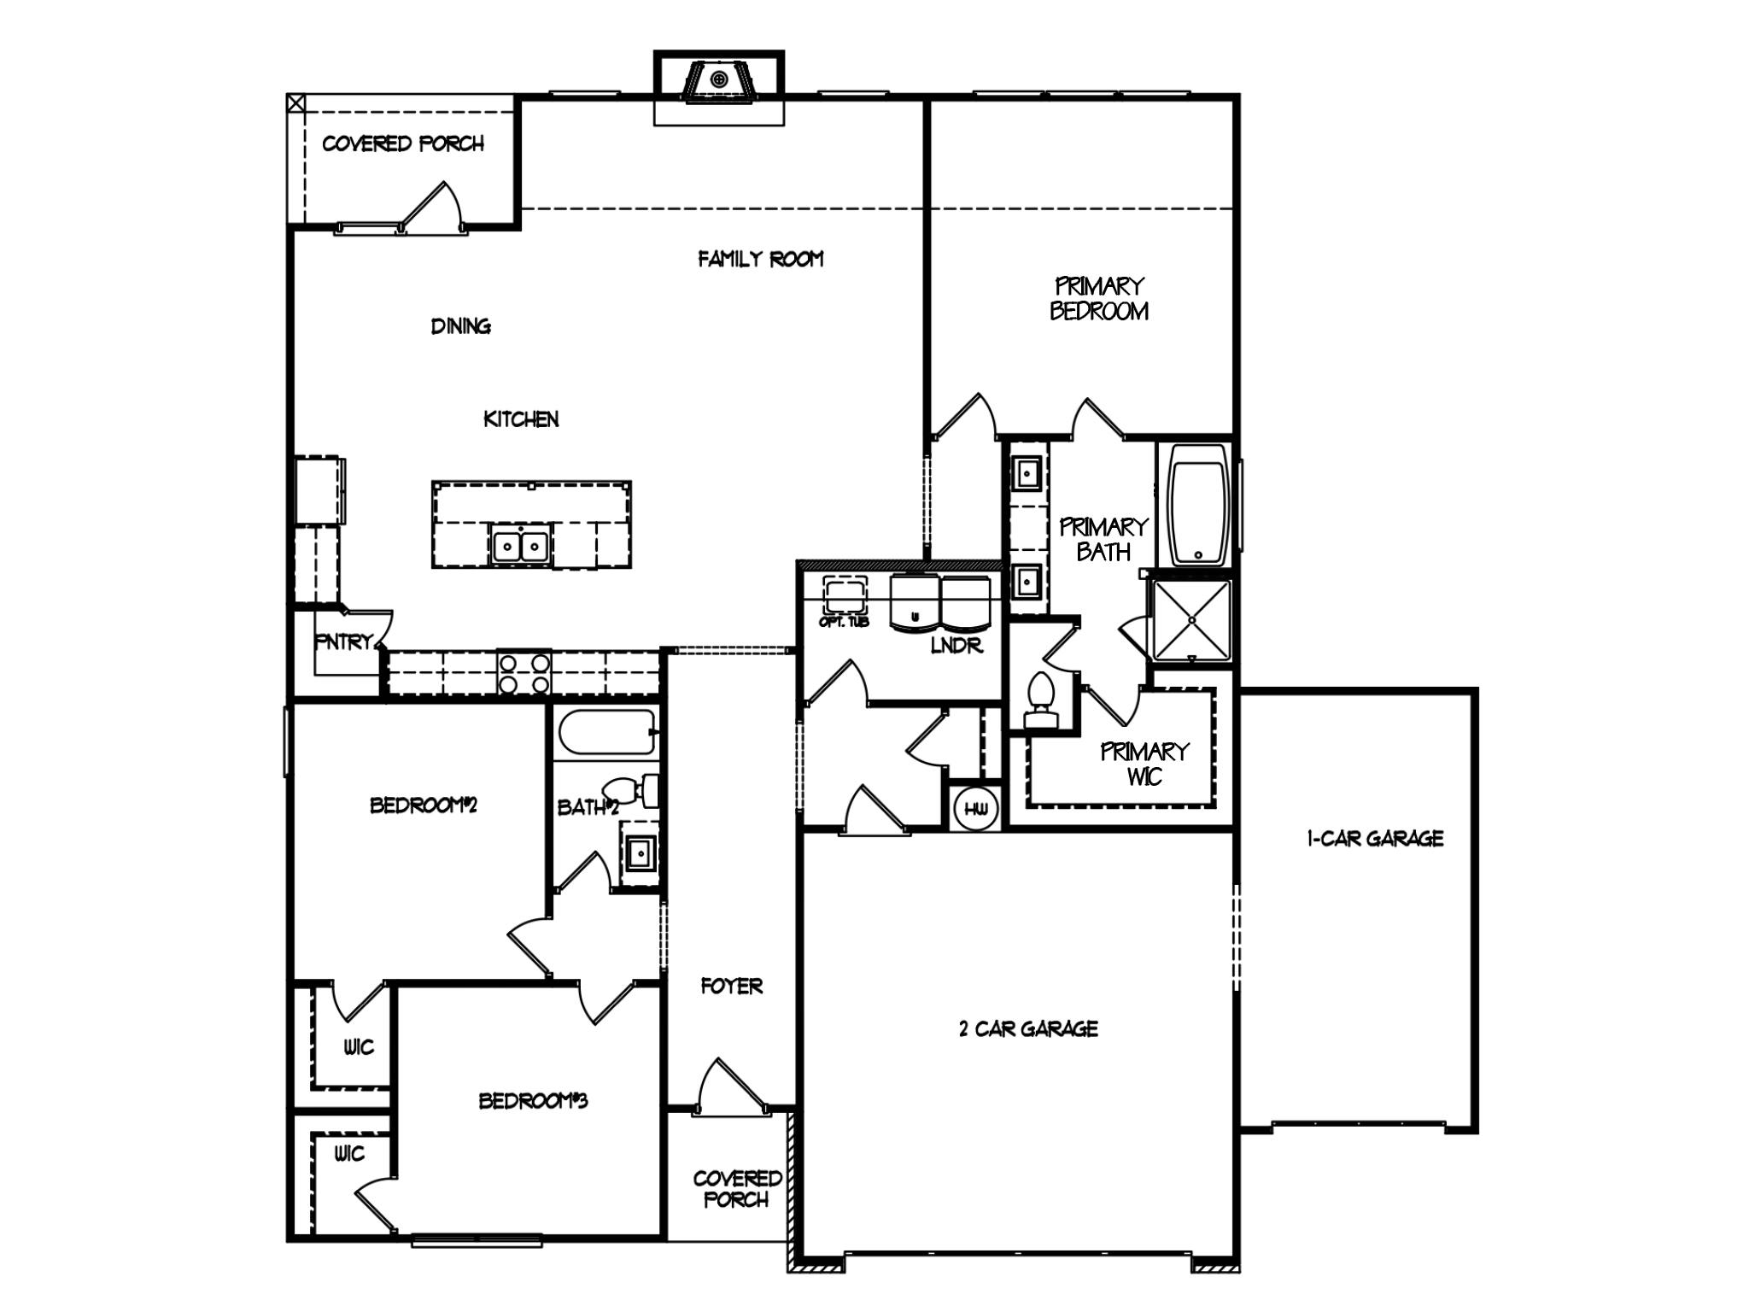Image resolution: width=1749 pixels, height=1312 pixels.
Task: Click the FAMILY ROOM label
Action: click(x=760, y=259)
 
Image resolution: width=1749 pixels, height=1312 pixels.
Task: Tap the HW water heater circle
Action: click(x=976, y=808)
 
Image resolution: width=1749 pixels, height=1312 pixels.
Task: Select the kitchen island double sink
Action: click(x=520, y=545)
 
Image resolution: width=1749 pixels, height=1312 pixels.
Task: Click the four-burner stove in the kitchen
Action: click(x=524, y=673)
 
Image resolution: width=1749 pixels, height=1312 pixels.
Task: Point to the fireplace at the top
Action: click(x=719, y=82)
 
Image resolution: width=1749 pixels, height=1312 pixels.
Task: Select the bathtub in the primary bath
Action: click(x=1199, y=505)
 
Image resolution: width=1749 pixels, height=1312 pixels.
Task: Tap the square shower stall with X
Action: click(x=1192, y=620)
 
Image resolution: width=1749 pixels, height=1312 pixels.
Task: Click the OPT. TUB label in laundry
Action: click(x=844, y=622)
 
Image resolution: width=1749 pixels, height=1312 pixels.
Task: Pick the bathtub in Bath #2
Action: click(x=607, y=733)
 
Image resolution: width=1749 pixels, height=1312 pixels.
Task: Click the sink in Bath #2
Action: click(x=639, y=852)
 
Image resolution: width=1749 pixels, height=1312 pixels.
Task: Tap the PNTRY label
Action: click(x=344, y=641)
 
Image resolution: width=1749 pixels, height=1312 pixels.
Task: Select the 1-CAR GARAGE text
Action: click(x=1375, y=839)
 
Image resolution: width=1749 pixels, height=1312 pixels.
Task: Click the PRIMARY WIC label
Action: click(x=1144, y=764)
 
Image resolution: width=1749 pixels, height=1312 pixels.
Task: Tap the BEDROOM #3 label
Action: click(x=533, y=1101)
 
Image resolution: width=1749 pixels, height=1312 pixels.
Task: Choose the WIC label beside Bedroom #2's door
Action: click(x=359, y=1047)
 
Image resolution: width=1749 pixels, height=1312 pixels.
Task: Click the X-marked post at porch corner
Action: click(x=295, y=103)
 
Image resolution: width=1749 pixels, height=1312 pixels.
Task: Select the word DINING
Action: click(x=461, y=325)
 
